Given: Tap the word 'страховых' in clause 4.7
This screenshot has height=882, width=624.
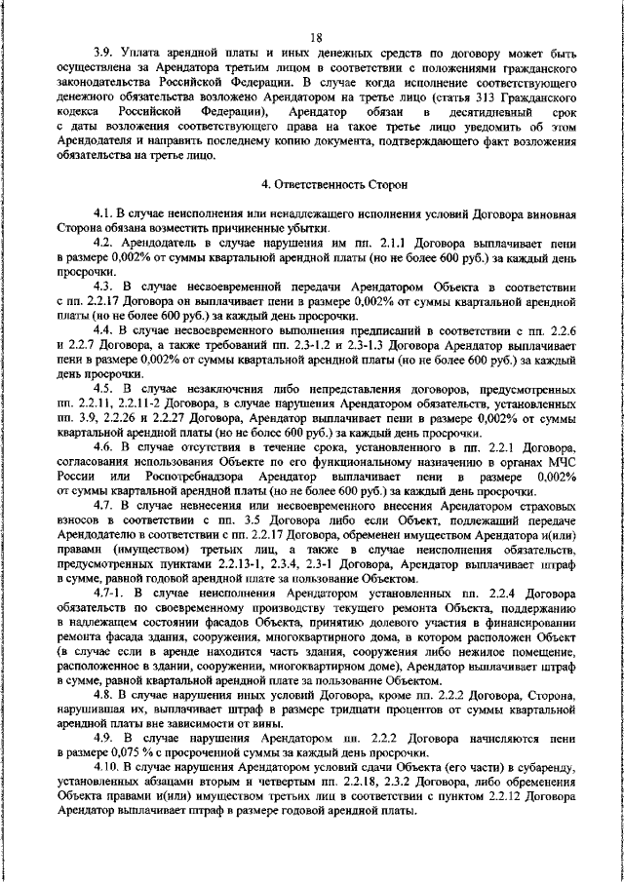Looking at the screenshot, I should [547, 507].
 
